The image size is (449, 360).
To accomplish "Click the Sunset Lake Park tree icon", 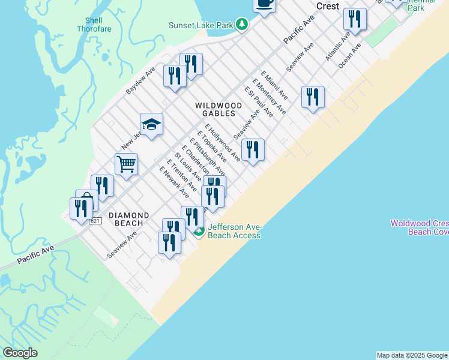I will [x=241, y=25].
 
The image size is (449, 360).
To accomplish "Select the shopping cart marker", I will [x=126, y=163].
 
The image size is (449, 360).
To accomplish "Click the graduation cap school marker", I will [x=151, y=124].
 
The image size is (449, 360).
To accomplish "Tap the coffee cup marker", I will [x=264, y=3].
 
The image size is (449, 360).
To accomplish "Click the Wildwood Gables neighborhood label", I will [x=218, y=109].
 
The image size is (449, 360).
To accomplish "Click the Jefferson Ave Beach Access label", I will [x=234, y=231].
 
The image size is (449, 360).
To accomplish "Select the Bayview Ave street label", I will [x=140, y=80].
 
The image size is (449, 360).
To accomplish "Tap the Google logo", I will [x=20, y=353].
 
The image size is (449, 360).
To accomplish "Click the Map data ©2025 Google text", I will [x=412, y=355].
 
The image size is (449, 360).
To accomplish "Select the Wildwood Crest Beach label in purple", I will [x=419, y=227].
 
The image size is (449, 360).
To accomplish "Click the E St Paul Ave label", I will [x=258, y=101].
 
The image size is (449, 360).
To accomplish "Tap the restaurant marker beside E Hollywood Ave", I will [x=253, y=149].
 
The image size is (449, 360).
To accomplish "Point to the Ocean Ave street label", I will [x=349, y=55].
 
